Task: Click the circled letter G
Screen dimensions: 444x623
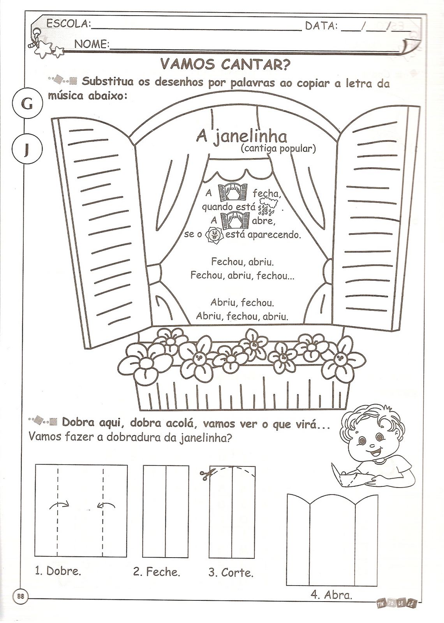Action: point(26,104)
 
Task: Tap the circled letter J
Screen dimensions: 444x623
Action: point(26,150)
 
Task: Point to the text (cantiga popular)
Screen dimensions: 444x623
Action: point(278,148)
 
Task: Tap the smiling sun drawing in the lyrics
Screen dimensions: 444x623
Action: point(213,235)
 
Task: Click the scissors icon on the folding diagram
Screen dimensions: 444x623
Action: point(204,474)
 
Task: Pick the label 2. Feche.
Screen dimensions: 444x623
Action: point(157,572)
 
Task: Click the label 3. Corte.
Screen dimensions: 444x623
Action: point(231,572)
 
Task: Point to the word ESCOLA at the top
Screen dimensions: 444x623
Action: point(68,24)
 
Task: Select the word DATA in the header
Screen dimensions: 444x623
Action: point(321,26)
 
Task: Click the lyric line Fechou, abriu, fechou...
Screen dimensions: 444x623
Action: point(243,276)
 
